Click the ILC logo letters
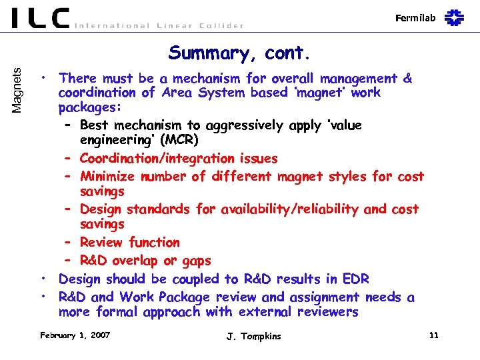(40, 18)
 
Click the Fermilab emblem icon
(455, 17)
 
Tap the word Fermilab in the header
(415, 18)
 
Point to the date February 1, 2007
(75, 335)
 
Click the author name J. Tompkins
(253, 336)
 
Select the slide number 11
(434, 335)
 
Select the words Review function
(129, 243)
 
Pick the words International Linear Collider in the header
(159, 25)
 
